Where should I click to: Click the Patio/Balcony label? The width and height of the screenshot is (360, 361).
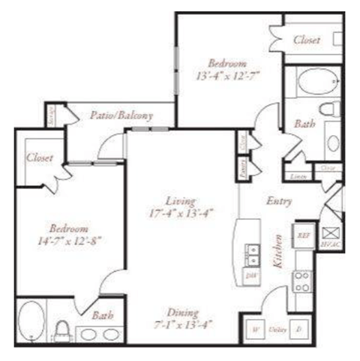pos(121,116)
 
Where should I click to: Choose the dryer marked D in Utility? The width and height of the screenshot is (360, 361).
pos(299,328)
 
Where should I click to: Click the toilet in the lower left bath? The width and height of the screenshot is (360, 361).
pos(63,329)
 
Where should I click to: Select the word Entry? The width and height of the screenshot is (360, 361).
pos(278,202)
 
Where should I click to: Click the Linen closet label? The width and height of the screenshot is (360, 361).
pos(298,177)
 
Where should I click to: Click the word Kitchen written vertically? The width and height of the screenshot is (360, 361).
pos(277,252)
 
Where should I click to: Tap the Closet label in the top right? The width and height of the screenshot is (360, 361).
pos(306,39)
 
